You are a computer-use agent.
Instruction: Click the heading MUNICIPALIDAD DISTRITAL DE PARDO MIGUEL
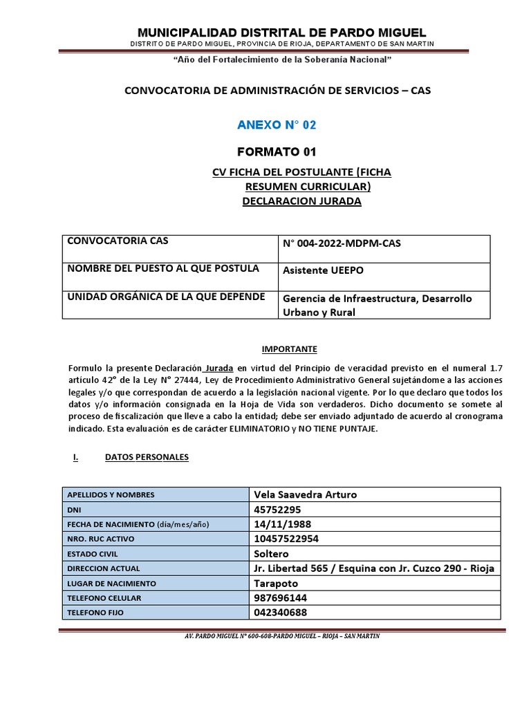tap(282, 32)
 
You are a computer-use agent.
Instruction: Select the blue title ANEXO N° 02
tap(276, 125)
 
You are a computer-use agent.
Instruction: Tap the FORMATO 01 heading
tap(277, 152)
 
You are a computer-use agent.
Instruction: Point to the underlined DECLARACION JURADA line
tap(301, 201)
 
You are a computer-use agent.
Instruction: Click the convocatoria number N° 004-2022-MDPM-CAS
tap(342, 243)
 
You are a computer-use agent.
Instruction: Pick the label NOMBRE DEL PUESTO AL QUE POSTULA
tap(163, 268)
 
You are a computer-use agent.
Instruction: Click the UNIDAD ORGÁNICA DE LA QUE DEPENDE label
tap(165, 297)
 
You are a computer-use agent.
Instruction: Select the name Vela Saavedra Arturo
tap(306, 494)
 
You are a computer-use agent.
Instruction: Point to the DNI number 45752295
tap(278, 510)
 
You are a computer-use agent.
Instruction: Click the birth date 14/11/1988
tap(282, 524)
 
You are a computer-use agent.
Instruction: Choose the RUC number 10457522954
tap(286, 539)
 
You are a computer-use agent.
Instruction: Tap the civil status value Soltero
tap(272, 554)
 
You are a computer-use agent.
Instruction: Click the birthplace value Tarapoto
tap(276, 583)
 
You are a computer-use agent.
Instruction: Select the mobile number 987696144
tap(281, 598)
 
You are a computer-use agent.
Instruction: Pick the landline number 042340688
tap(281, 613)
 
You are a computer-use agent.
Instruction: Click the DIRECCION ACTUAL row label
tap(103, 568)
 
